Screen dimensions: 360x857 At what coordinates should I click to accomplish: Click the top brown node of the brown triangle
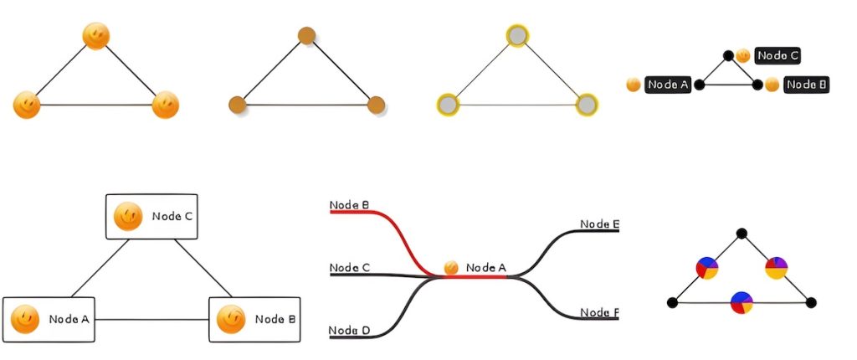[x=306, y=36]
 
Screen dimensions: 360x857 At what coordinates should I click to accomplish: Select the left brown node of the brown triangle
[x=237, y=105]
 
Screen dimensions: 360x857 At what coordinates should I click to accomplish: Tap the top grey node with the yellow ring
[x=518, y=36]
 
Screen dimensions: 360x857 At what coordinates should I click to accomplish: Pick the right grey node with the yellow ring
[x=588, y=105]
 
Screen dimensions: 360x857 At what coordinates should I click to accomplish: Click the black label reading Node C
[x=777, y=56]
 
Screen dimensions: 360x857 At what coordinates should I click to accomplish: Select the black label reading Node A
[x=668, y=85]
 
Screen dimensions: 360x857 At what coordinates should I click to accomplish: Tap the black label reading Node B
[x=807, y=85]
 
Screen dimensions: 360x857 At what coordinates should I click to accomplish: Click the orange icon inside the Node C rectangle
[x=127, y=216]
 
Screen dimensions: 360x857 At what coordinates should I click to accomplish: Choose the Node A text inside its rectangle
[x=69, y=319]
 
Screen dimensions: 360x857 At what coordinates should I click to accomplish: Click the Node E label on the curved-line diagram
[x=599, y=224]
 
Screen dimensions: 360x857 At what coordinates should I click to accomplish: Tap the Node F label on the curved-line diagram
[x=599, y=313]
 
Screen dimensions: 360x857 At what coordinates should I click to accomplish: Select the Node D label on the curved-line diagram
[x=349, y=331]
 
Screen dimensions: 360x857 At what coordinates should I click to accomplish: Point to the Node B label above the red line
[x=349, y=205]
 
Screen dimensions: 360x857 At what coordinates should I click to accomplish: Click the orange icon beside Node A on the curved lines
[x=451, y=268]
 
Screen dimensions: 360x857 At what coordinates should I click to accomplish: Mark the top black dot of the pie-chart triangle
[x=741, y=234]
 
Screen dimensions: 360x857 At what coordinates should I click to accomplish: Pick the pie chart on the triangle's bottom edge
[x=742, y=302]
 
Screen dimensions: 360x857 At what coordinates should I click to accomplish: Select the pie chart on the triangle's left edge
[x=707, y=268]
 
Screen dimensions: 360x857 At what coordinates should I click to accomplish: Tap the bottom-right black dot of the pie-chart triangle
[x=810, y=302]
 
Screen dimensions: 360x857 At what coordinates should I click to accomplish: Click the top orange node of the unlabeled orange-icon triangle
[x=96, y=36]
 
